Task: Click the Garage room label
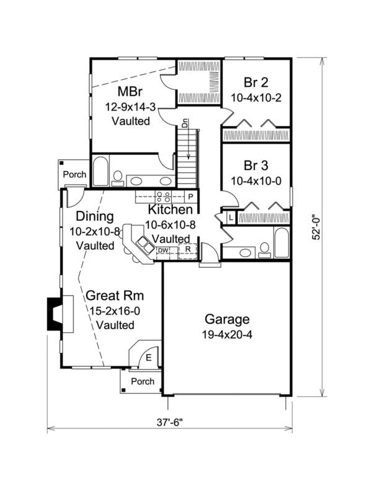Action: click(x=227, y=319)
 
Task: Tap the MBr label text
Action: click(x=130, y=91)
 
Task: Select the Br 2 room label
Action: click(x=256, y=82)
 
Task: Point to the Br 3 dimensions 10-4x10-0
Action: click(x=255, y=181)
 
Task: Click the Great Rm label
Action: click(x=115, y=296)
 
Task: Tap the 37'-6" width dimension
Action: click(x=170, y=422)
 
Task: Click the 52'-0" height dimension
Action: click(x=316, y=227)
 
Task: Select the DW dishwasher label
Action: click(x=163, y=250)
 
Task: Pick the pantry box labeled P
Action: click(x=190, y=196)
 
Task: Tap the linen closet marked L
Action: click(x=231, y=218)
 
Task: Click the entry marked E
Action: click(x=148, y=358)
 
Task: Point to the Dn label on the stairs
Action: click(x=185, y=123)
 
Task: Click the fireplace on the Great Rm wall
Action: click(x=60, y=314)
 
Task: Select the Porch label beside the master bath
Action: click(x=74, y=175)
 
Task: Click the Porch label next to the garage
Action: click(x=143, y=381)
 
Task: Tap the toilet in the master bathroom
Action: click(x=118, y=179)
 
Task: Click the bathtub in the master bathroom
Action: click(x=100, y=171)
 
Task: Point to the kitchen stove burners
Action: click(x=163, y=196)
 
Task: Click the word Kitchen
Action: click(x=170, y=210)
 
